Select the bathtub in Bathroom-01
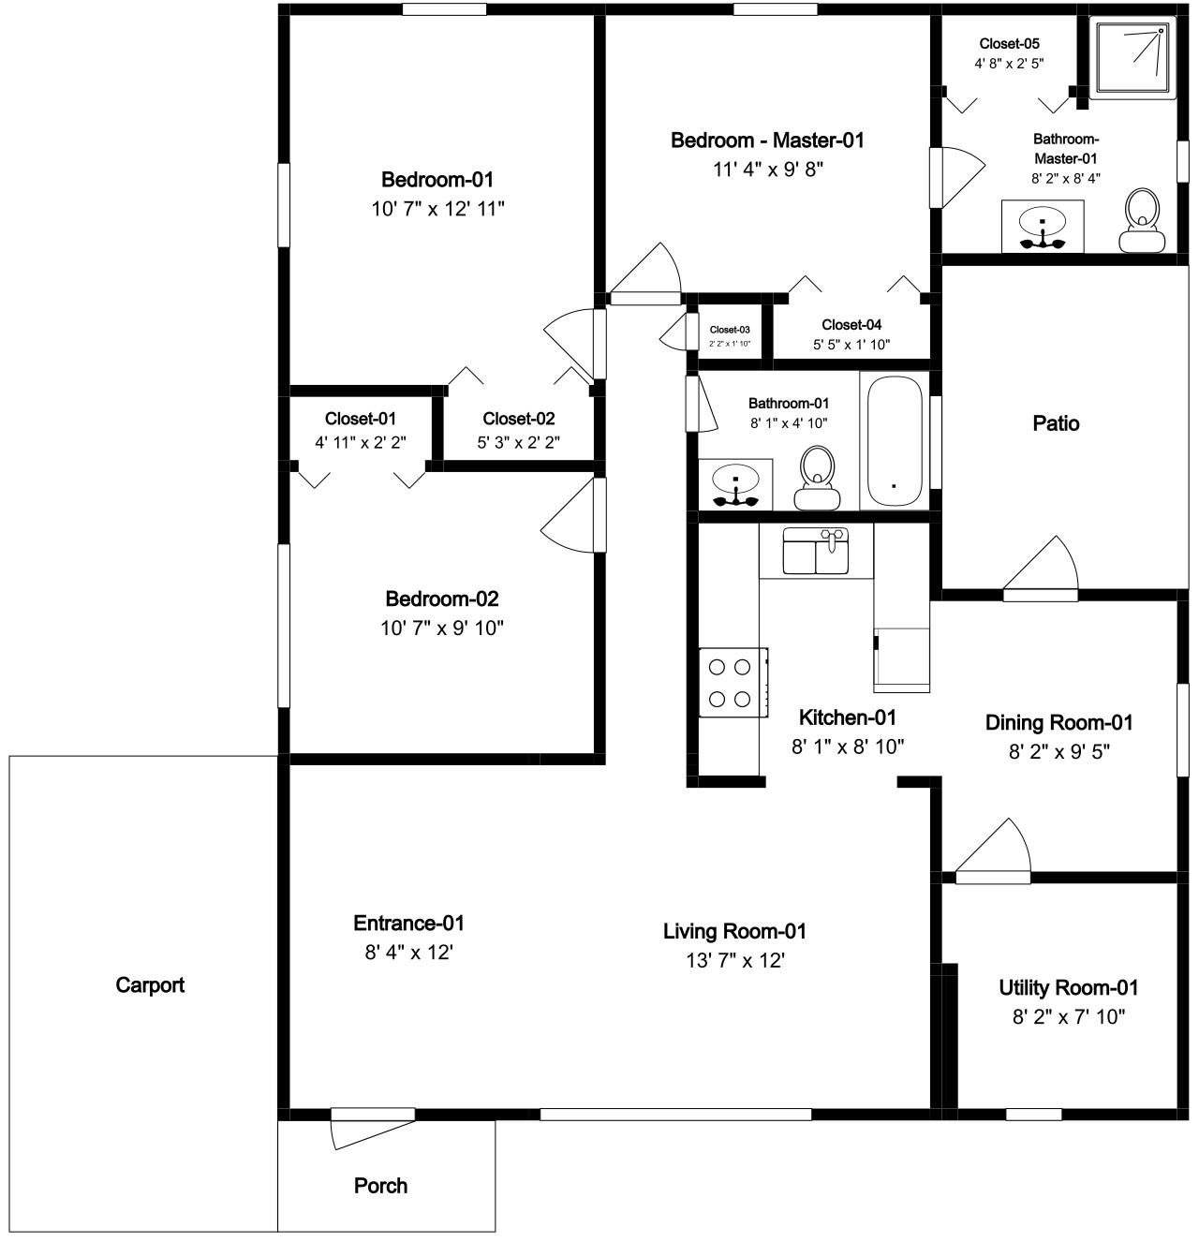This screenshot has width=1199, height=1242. point(894,440)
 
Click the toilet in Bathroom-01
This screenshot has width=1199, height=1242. point(817,477)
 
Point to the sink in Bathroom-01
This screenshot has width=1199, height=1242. point(735,484)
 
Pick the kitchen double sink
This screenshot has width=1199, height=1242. point(815,550)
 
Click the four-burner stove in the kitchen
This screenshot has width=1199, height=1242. point(733,682)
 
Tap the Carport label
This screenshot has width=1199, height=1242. point(150,984)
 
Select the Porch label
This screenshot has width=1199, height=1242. point(380,1185)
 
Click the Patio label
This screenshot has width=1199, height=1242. point(1056,423)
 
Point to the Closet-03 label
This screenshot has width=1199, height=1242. point(730,330)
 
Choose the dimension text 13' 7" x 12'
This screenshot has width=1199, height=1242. point(734,960)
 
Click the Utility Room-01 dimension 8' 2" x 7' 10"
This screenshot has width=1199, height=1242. point(1069,1016)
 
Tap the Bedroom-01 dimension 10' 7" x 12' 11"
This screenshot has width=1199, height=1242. point(438,209)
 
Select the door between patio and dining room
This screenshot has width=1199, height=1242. point(1041,569)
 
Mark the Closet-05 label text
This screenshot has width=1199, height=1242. point(1010,43)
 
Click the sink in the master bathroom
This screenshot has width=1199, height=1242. point(1043,226)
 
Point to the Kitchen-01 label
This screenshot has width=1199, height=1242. point(848,717)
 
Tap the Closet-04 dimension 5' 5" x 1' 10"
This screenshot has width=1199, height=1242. point(851,345)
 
